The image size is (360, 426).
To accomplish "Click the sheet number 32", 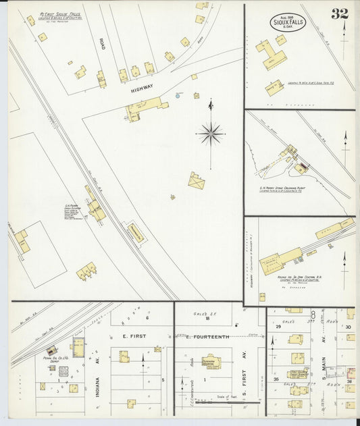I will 339,14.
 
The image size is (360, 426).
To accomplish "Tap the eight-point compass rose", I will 211,133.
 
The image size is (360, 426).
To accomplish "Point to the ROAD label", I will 102,44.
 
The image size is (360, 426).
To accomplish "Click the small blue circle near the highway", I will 178,96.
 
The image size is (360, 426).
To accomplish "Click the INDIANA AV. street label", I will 99,382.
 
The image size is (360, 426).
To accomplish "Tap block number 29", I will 278,326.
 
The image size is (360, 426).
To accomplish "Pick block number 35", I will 276,379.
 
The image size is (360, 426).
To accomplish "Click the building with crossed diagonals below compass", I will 197,181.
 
